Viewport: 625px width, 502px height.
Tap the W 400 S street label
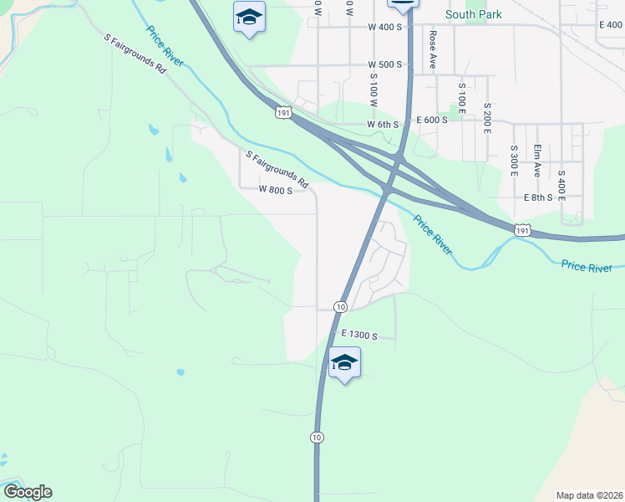pyautogui.click(x=385, y=27)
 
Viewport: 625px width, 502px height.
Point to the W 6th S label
pyautogui.click(x=385, y=124)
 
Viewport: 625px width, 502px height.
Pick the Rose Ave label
pyautogui.click(x=433, y=49)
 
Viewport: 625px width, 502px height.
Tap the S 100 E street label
pyautogui.click(x=461, y=97)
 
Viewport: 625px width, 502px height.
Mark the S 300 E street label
pyautogui.click(x=514, y=158)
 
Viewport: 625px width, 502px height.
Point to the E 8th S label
pyautogui.click(x=539, y=197)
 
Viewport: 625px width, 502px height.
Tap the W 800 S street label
pyautogui.click(x=276, y=190)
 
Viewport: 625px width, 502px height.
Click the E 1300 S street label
pyautogui.click(x=360, y=336)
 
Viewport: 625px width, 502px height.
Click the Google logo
pyautogui.click(x=27, y=492)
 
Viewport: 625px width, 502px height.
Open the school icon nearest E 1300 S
pyautogui.click(x=344, y=363)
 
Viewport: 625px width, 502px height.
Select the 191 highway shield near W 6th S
pyautogui.click(x=285, y=111)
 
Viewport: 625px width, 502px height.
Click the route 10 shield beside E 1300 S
pyautogui.click(x=340, y=307)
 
